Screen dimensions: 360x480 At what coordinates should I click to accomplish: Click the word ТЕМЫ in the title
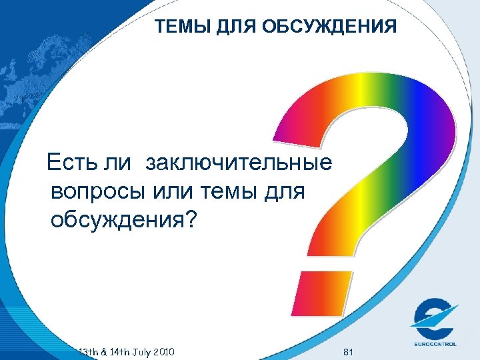[x=179, y=27]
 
